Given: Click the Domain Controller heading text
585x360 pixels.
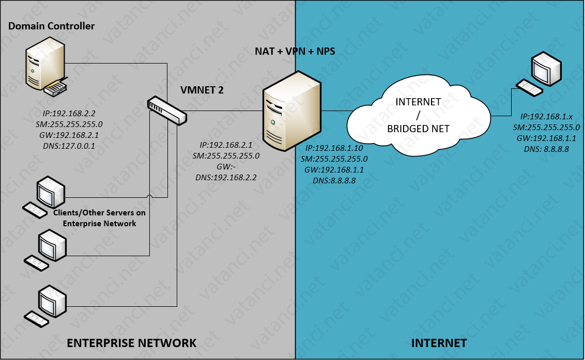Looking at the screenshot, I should [x=52, y=26].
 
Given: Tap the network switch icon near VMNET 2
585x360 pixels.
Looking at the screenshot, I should [x=166, y=110].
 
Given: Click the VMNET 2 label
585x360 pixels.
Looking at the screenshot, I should [x=202, y=90].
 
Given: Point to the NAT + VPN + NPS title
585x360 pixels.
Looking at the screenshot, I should [x=295, y=51].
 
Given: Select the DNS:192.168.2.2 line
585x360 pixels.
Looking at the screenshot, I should [x=226, y=177].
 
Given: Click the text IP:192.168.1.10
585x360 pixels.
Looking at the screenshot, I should [x=335, y=148].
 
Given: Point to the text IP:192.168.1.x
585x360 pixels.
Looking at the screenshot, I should [x=546, y=117].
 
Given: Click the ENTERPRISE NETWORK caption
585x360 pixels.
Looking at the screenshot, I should [x=132, y=343].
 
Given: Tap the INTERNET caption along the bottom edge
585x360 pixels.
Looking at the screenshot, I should [x=439, y=343].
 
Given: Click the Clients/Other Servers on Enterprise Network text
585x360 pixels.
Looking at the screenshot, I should [x=99, y=218].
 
